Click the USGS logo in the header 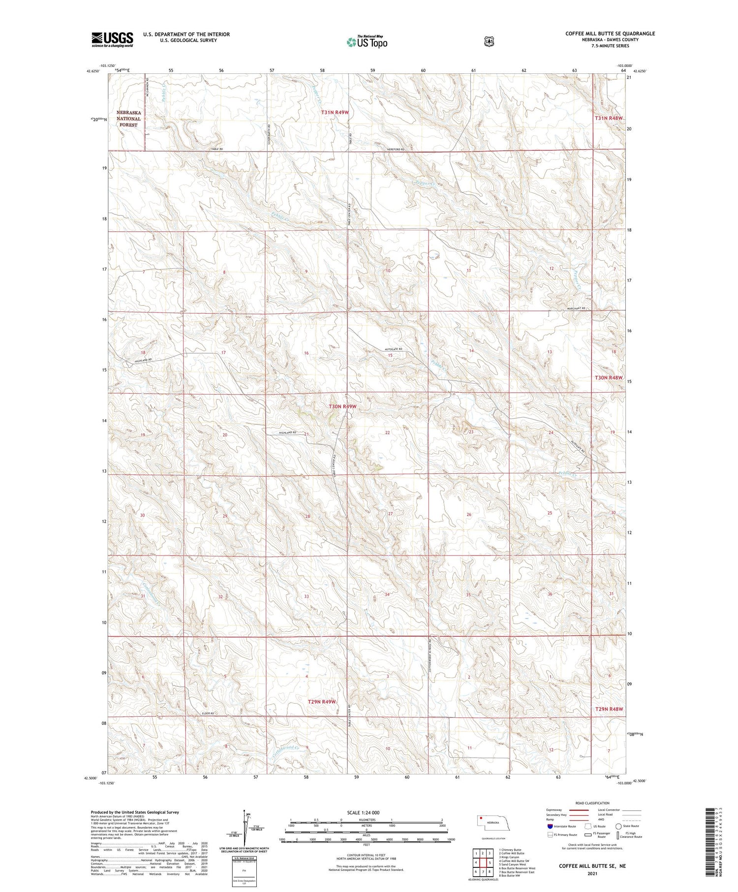point(112,39)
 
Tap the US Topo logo point(367,42)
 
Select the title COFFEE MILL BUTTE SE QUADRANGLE point(610,33)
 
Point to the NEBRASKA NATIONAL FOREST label point(128,119)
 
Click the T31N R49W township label point(335,113)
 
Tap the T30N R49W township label point(342,407)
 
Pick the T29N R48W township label point(609,709)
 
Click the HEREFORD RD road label point(395,150)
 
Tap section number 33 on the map point(306,596)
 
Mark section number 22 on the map point(387,432)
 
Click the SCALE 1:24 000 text point(364,812)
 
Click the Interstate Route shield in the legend point(550,827)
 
